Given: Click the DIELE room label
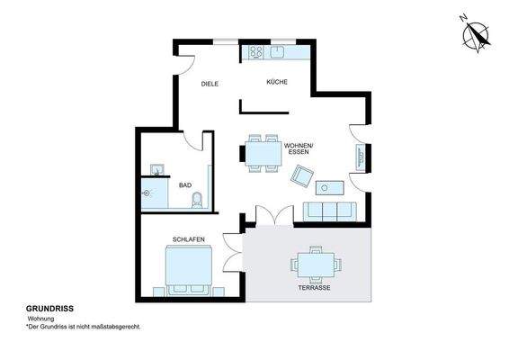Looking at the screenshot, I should tap(210, 84).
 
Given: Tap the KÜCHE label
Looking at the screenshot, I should tap(276, 83).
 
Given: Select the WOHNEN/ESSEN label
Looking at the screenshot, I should tap(298, 148).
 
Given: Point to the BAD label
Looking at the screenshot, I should tap(185, 185).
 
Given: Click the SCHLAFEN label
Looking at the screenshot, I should tap(188, 238).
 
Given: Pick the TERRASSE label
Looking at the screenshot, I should tap(314, 288).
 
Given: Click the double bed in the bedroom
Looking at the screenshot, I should tap(188, 269).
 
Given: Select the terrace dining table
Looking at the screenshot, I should tap(315, 265).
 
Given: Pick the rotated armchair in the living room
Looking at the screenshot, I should tap(299, 178).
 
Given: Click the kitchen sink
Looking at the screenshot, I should tap(278, 50).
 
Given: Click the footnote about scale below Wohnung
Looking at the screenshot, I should tap(84, 328).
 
